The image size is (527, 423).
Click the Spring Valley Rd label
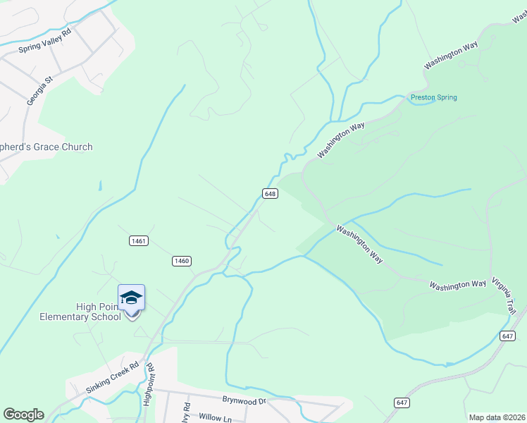(x=45, y=41)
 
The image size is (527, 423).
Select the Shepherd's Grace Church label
(x=46, y=147)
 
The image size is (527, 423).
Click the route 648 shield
(x=270, y=193)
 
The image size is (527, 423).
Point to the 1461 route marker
(x=138, y=241)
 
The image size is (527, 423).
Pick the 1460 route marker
(x=181, y=261)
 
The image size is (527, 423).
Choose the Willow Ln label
(x=215, y=418)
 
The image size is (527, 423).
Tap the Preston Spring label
(x=434, y=97)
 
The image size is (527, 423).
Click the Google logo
(x=23, y=415)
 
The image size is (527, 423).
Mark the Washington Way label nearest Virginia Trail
(x=458, y=285)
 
